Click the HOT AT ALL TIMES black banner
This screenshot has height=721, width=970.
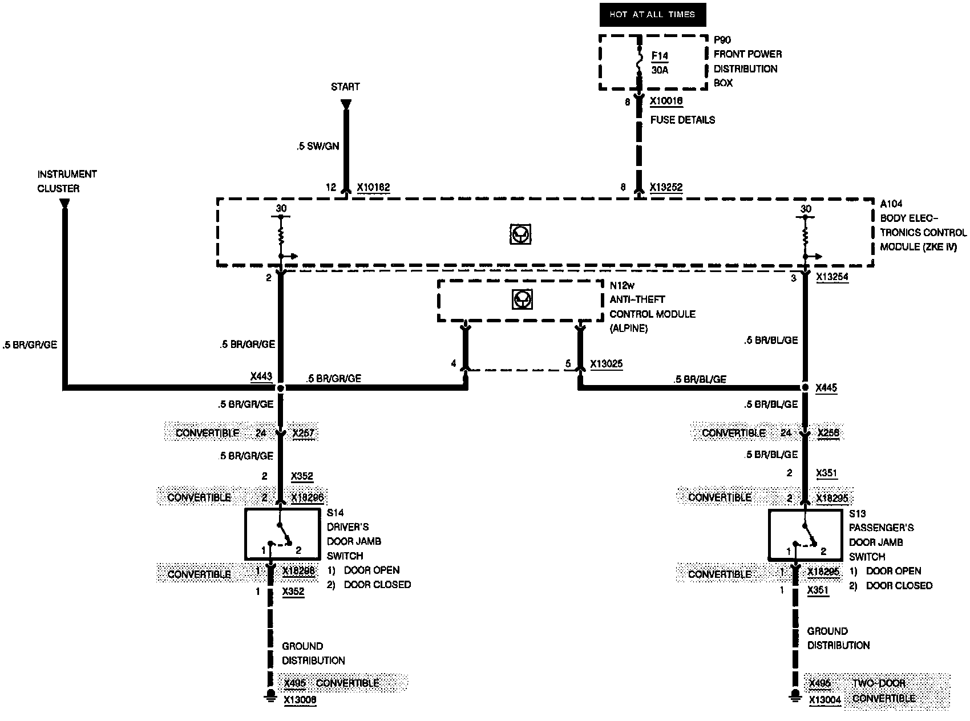[x=652, y=15]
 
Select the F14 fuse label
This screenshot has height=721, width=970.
[x=660, y=56]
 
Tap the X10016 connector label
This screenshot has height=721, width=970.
[x=666, y=102]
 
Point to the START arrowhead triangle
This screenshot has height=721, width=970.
[x=345, y=104]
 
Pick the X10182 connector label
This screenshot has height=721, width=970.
[x=374, y=187]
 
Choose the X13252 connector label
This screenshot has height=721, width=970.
[x=666, y=187]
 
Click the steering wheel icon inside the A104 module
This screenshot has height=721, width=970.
[x=520, y=234]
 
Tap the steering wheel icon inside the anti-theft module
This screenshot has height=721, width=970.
[x=520, y=299]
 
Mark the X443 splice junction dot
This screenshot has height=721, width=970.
[x=280, y=388]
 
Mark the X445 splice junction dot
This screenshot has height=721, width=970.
[x=805, y=388]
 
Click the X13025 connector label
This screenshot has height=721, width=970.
[x=607, y=363]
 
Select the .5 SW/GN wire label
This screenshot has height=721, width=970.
[x=318, y=146]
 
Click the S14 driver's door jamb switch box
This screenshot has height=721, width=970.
[x=282, y=534]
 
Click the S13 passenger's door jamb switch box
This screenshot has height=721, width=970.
[x=805, y=534]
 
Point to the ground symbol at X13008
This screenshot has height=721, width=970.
[x=271, y=694]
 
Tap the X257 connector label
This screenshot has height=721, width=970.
[x=304, y=433]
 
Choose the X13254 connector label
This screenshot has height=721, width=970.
[x=832, y=277]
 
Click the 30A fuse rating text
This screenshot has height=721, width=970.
[x=660, y=71]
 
